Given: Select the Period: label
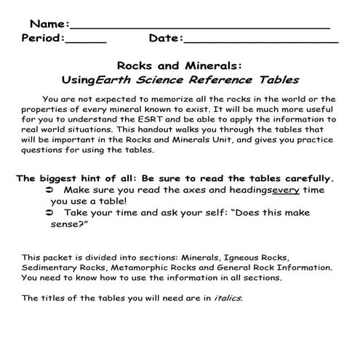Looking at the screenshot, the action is (x=43, y=38).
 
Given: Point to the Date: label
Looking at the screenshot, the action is (x=166, y=38).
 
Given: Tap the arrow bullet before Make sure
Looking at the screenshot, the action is (x=49, y=189).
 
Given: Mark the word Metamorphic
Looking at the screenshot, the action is (x=123, y=267).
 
